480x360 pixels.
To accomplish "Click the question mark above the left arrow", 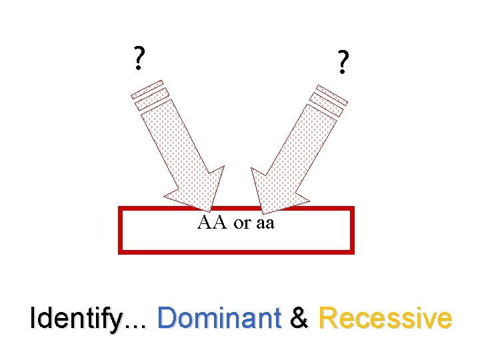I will pos(138,59).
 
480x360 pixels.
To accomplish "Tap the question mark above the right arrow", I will pos(342,63).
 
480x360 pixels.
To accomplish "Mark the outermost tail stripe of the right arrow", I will pos(332,93).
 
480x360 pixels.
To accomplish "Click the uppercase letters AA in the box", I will pos(212,223).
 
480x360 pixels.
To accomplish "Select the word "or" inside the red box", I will pos(241,224).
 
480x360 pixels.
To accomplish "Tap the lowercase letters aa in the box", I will pos(265,224).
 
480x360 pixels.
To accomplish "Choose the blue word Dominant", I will pos(219,319).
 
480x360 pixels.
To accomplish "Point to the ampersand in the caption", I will pos(300,319).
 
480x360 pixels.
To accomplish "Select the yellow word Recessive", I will pos(385,319).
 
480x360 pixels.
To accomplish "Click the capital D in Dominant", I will pos(166,319).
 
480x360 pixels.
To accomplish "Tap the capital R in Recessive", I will pos(328,319).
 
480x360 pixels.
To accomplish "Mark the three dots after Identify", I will pos(138,325).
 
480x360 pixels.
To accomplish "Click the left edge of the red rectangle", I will pos(120,230).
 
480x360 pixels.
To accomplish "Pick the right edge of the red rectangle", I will pos(351,230).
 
